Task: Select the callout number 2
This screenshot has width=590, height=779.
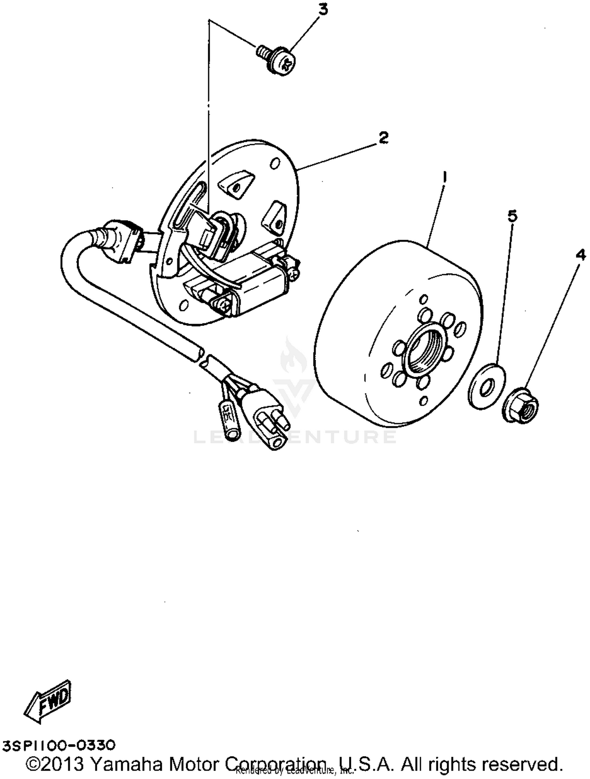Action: [383, 137]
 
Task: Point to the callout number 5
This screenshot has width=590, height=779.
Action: [512, 216]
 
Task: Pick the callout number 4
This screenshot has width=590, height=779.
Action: [580, 256]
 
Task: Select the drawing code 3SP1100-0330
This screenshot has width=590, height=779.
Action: [59, 746]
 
